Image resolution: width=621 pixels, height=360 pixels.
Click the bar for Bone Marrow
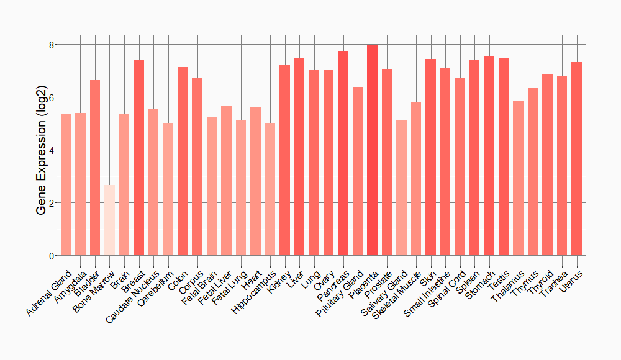point(109,220)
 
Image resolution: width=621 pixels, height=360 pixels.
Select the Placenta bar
point(372,150)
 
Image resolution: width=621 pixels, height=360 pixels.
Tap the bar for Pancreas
point(343,153)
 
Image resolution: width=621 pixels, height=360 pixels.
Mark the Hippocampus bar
point(270,189)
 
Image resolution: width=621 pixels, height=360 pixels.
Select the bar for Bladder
point(95,168)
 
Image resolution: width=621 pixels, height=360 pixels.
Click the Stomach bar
point(489,156)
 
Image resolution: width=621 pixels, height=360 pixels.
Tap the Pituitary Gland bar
point(358,171)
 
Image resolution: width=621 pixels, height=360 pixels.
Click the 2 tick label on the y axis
point(52,203)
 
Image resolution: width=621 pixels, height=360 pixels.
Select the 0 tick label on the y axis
point(52,256)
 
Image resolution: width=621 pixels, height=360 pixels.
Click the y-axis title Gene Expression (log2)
point(41,150)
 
